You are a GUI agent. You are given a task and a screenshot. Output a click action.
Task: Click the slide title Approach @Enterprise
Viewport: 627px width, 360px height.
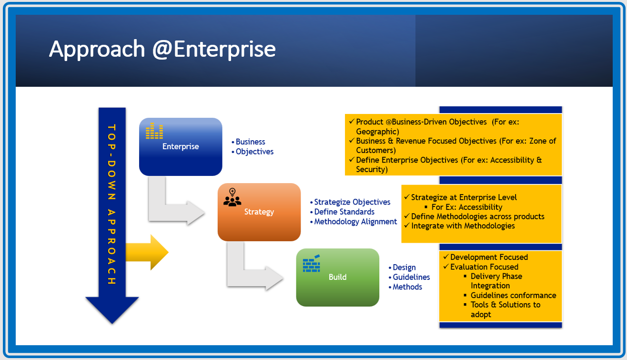(162, 49)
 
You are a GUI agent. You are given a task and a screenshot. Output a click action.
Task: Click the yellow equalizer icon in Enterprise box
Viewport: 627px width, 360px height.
(154, 131)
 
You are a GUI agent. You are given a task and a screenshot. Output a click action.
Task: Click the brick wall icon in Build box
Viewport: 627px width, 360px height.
(311, 264)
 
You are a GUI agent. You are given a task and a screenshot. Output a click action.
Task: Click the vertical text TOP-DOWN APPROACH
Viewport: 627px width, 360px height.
(112, 205)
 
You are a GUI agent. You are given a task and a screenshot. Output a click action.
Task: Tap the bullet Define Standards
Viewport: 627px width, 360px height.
(344, 212)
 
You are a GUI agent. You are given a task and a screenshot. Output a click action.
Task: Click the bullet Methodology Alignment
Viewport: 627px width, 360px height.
(355, 222)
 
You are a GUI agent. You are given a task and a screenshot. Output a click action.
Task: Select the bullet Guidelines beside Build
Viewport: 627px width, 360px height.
(411, 277)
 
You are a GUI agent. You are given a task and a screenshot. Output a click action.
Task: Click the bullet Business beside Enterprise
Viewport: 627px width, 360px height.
(250, 142)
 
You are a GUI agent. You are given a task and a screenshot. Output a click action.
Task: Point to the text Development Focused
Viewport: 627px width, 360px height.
(489, 257)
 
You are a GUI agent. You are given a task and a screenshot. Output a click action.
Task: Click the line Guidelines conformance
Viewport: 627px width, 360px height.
(513, 295)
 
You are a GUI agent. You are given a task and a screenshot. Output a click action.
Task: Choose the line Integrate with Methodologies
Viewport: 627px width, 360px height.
(463, 226)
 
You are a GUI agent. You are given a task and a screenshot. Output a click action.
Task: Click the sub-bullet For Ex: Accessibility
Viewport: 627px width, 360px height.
(466, 207)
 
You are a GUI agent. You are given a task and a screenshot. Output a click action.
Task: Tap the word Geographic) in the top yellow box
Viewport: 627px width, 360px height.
(377, 132)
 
